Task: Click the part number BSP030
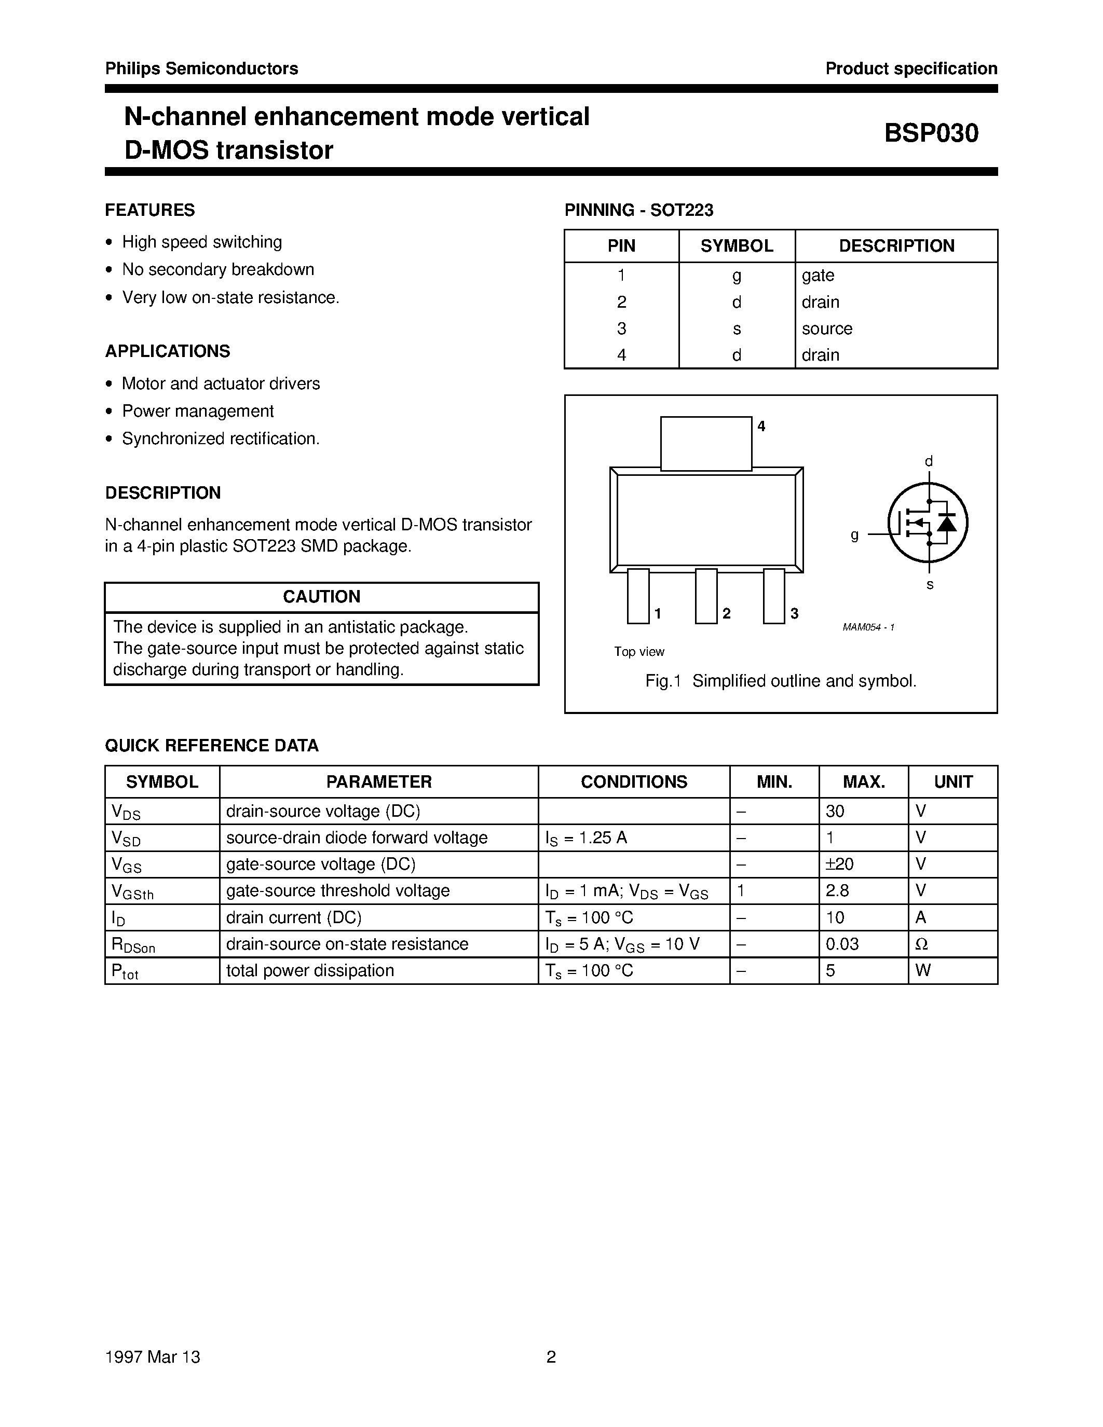931,133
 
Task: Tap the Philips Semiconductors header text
201,68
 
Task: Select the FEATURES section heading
149,210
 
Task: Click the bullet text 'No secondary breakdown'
217,269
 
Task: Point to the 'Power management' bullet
197,411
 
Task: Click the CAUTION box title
321,597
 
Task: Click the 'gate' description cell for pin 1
818,275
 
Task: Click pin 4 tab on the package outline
706,443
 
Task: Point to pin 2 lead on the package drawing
706,596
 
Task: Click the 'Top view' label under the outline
638,651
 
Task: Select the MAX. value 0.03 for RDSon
842,944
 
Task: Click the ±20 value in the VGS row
840,865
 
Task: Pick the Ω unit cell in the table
922,944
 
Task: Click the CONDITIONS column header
634,781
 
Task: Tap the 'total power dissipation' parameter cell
310,970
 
